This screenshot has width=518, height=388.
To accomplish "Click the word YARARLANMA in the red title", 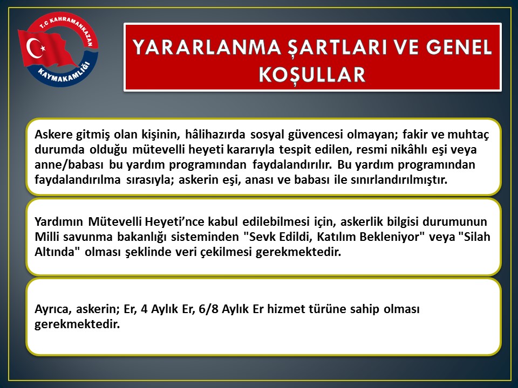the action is click(x=207, y=47).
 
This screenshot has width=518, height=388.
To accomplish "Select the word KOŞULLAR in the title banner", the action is click(x=312, y=74).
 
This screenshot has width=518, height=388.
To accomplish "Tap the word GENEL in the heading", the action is click(x=459, y=47).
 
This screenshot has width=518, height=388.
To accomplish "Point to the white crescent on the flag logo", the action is click(x=33, y=48).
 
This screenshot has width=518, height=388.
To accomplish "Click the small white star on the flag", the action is click(x=43, y=48).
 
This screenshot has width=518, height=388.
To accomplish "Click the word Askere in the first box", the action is click(x=54, y=135).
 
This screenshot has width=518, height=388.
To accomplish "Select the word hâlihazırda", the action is click(x=215, y=135).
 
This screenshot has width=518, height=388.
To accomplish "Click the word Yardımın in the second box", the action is click(x=58, y=221).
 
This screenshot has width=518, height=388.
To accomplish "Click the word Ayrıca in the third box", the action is click(x=53, y=309).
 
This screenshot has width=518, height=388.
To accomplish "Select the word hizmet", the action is click(x=286, y=309).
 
